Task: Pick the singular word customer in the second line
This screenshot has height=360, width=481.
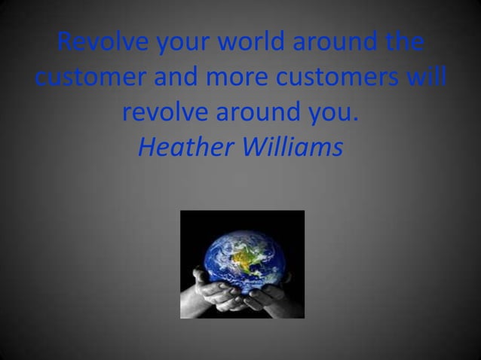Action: [90, 78]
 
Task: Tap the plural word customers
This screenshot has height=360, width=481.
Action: [348, 78]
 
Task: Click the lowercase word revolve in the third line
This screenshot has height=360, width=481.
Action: [164, 113]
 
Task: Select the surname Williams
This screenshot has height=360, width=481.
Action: [293, 148]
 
